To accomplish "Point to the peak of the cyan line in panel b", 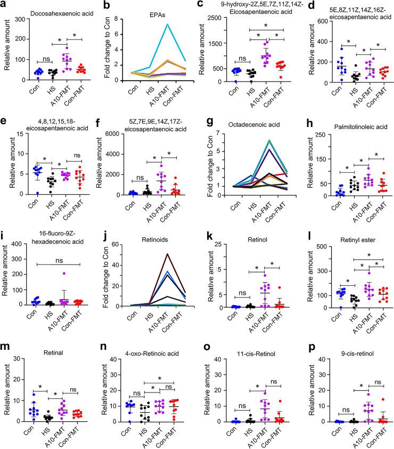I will pos(167,24).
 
